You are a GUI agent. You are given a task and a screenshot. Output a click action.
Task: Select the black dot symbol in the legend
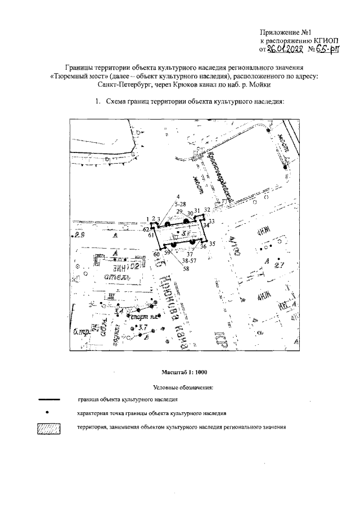click(x=47, y=413)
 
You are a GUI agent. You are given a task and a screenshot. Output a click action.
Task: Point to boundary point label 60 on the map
click(x=157, y=255)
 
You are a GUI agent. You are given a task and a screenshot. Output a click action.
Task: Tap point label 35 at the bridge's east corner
click(x=212, y=244)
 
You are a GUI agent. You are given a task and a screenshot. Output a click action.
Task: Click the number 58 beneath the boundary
click(x=186, y=269)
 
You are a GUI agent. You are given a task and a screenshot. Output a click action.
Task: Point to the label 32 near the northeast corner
click(x=207, y=210)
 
